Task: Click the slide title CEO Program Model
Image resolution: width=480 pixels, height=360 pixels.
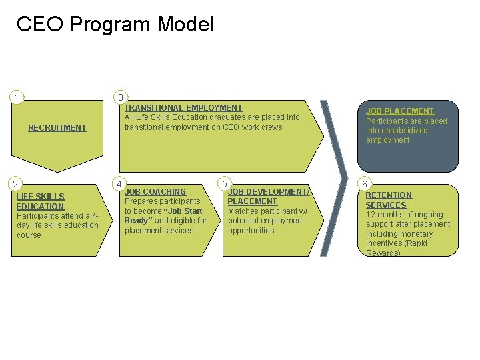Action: click(115, 25)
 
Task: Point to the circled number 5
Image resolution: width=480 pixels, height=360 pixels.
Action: click(225, 183)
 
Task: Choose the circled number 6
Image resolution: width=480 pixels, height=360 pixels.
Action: click(364, 183)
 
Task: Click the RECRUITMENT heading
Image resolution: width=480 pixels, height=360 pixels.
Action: click(57, 127)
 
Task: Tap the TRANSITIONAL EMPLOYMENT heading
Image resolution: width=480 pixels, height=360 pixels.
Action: click(183, 107)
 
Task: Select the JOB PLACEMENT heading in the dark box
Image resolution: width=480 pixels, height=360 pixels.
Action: click(400, 111)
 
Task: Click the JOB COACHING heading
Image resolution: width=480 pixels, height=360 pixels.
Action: click(155, 191)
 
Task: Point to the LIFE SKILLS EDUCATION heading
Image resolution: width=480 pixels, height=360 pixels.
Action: click(41, 201)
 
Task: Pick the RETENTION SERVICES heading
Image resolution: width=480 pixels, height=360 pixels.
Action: click(389, 200)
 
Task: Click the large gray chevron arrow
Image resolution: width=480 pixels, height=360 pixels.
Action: click(333, 177)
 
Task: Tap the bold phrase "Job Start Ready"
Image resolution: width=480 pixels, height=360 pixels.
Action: click(163, 216)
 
